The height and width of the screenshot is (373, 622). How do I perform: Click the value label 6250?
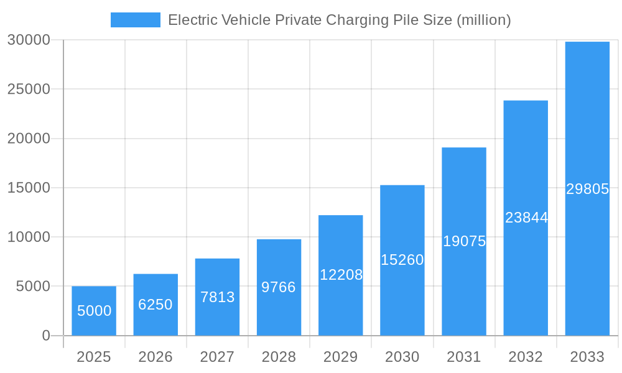[x=155, y=305]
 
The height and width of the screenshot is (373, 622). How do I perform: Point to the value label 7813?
[x=217, y=297]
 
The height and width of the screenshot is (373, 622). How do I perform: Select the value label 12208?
[x=341, y=275]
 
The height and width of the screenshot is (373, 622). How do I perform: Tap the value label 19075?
[x=464, y=241]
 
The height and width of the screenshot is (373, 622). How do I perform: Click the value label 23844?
[x=526, y=218]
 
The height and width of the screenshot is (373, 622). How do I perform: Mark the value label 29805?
[x=587, y=190]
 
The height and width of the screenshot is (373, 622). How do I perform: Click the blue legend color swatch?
[x=135, y=20]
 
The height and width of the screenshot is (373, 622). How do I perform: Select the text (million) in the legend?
[x=483, y=20]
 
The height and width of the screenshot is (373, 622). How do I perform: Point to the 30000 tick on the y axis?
[x=29, y=40]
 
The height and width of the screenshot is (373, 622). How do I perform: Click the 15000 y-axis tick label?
[x=29, y=188]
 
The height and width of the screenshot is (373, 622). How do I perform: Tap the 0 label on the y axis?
[x=46, y=336]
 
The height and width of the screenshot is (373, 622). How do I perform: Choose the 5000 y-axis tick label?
[x=32, y=287]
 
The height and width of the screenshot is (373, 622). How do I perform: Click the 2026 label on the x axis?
[x=155, y=357]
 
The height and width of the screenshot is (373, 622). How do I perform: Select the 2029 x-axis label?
[x=341, y=357]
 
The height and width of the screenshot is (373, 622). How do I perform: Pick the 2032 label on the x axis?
[x=526, y=357]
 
